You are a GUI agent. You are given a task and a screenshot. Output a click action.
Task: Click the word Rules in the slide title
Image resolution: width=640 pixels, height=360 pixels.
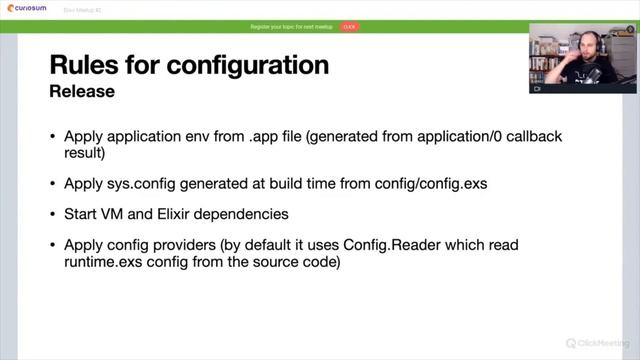[x=86, y=66]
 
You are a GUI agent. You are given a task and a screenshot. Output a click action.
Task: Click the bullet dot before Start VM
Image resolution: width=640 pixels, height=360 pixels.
[x=53, y=215]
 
